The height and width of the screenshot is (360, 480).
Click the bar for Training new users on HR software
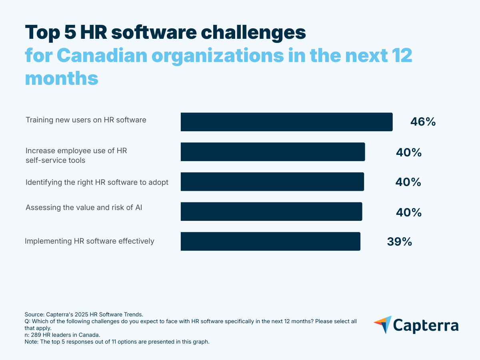(286, 122)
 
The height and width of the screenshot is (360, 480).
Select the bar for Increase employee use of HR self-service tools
(273, 152)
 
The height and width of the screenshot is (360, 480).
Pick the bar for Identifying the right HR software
(272, 182)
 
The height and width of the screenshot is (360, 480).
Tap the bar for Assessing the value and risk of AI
(271, 211)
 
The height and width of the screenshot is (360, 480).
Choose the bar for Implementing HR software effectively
(270, 241)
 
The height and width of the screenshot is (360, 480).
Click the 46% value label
(423, 122)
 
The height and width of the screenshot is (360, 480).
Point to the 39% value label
(399, 242)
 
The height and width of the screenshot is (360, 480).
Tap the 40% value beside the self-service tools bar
(409, 152)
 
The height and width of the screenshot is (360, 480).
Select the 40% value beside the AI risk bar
(409, 212)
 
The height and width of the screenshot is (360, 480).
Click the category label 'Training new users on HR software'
(86, 120)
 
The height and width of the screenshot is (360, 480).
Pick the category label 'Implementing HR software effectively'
(90, 241)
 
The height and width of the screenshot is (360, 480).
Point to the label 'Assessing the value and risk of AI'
(84, 208)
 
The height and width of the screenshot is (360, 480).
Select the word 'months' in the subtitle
(62, 78)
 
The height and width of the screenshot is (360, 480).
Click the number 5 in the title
(69, 32)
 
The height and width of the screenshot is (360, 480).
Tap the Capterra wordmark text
(426, 325)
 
